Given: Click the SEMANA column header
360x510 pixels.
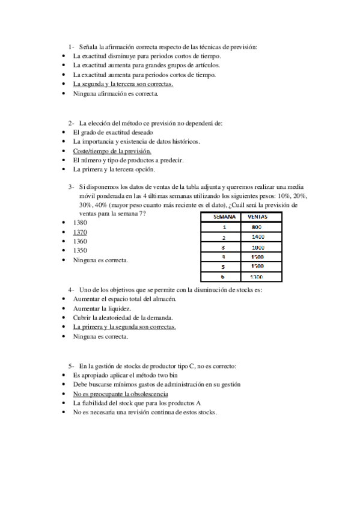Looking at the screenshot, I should click(224, 217).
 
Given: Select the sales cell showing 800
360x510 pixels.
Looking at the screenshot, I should click(257, 227).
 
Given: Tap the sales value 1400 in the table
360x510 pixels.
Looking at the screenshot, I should click(257, 237).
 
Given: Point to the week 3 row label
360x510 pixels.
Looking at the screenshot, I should click(224, 247).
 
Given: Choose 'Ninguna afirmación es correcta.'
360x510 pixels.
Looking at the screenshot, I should click(116, 94).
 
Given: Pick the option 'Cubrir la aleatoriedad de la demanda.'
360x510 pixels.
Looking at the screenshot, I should click(123, 318).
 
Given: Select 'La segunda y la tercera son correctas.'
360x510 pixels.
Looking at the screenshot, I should click(123, 84).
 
